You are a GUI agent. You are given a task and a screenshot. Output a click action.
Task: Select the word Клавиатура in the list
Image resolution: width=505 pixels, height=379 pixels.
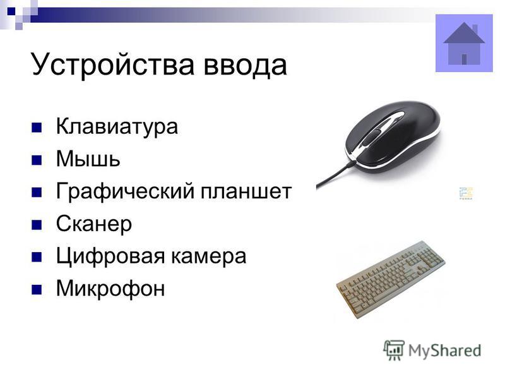117,127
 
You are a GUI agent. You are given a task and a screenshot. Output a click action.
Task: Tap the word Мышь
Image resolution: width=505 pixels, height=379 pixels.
88,159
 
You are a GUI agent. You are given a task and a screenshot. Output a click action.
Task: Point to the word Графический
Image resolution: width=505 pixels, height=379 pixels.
125,192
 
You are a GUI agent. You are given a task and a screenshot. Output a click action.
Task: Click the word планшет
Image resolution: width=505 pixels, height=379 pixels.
246,192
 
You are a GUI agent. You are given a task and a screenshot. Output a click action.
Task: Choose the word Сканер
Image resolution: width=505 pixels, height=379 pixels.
93,224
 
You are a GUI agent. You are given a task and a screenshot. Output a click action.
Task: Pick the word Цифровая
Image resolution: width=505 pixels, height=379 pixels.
110,256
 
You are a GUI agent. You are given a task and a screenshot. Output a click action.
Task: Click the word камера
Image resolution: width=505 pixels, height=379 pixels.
208,257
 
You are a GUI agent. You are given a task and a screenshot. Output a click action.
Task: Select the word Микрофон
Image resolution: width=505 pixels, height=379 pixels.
110,289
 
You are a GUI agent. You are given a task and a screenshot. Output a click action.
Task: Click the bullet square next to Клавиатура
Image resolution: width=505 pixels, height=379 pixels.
37,128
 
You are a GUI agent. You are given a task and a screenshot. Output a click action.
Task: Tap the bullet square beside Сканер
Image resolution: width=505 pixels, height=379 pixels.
37,225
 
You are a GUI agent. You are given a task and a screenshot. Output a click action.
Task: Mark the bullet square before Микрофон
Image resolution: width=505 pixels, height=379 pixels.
37,289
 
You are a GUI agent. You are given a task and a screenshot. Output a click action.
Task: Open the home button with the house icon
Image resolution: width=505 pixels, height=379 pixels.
464,43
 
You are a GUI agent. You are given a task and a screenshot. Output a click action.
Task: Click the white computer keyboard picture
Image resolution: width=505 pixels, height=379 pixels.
391,279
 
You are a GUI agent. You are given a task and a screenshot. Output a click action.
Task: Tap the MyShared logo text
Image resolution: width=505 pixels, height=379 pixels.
445,351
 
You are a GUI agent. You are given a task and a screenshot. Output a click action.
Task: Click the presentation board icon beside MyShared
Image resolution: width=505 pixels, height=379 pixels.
394,350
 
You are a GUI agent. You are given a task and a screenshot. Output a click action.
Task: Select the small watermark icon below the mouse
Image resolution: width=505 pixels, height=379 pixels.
466,193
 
